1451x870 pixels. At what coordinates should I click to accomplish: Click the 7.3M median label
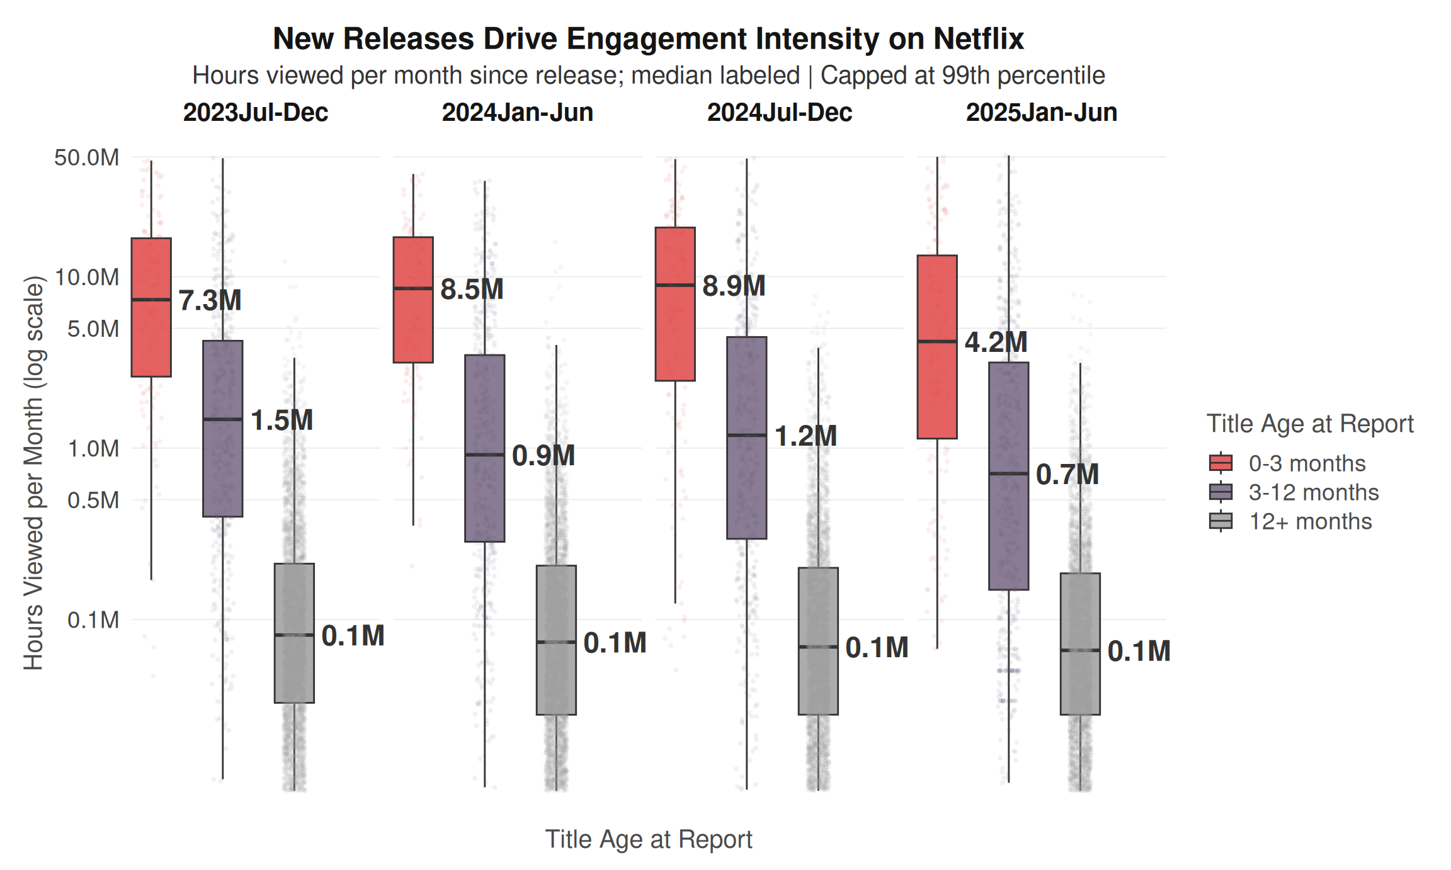210,300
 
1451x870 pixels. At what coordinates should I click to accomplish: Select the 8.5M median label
472,290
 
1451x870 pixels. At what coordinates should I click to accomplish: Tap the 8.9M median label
734,286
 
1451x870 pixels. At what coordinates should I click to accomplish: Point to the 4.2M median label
996,342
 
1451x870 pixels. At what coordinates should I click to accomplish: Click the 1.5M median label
282,421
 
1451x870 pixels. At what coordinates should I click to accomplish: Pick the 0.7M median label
1067,475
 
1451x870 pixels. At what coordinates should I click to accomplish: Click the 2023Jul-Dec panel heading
255,113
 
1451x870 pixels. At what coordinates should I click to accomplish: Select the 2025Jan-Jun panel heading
1041,113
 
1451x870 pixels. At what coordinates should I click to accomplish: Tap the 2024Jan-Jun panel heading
517,113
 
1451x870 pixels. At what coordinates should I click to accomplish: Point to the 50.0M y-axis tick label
86,157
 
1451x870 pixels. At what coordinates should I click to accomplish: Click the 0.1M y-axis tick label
93,620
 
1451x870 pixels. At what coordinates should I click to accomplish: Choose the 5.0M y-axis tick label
93,329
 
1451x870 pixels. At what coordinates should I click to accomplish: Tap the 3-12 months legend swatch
1221,492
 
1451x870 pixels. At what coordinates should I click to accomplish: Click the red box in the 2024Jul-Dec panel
675,304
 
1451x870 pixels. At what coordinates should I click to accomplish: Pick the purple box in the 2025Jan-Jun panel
1008,476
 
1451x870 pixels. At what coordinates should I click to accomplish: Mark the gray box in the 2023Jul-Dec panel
294,633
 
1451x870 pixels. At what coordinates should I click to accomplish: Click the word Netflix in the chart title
979,39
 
